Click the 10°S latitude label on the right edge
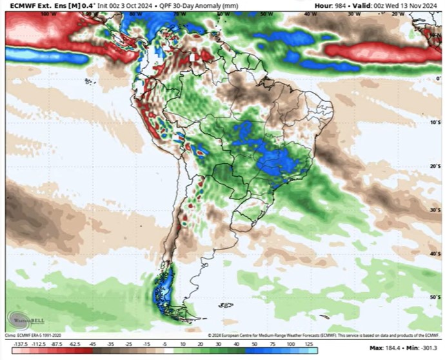435,121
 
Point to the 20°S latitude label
435,166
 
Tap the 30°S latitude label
435,210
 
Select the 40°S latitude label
435,254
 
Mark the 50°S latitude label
435,296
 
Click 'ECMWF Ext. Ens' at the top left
31,6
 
